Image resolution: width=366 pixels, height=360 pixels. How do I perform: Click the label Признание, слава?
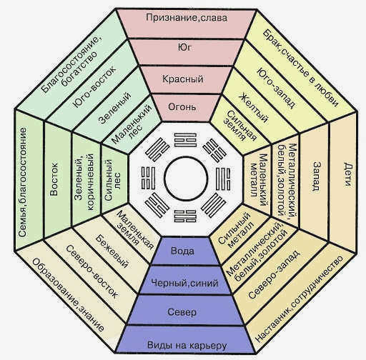tap(187, 18)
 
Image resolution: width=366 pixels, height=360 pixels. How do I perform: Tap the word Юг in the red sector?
tap(184, 48)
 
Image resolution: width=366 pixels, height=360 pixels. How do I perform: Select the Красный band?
tap(183, 79)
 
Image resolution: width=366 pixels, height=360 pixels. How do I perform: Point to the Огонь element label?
tap(182, 106)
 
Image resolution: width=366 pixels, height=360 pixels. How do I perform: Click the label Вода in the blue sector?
tap(182, 251)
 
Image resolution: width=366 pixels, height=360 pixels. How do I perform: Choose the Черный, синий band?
tap(185, 283)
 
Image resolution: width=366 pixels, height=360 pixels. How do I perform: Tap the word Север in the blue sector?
tap(182, 312)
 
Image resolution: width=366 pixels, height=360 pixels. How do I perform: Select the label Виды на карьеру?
tap(187, 345)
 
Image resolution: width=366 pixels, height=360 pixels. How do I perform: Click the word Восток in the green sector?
tap(54, 179)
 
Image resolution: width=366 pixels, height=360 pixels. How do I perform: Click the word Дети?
tap(347, 174)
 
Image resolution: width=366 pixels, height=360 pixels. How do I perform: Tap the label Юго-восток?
tap(94, 86)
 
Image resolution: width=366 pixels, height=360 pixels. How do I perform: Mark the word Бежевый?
tap(112, 251)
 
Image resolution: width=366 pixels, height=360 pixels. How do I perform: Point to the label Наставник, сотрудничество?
tap(300, 299)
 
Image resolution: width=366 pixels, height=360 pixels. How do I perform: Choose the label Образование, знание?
tap(68, 295)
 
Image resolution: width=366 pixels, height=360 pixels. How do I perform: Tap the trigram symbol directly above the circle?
tap(185, 140)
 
